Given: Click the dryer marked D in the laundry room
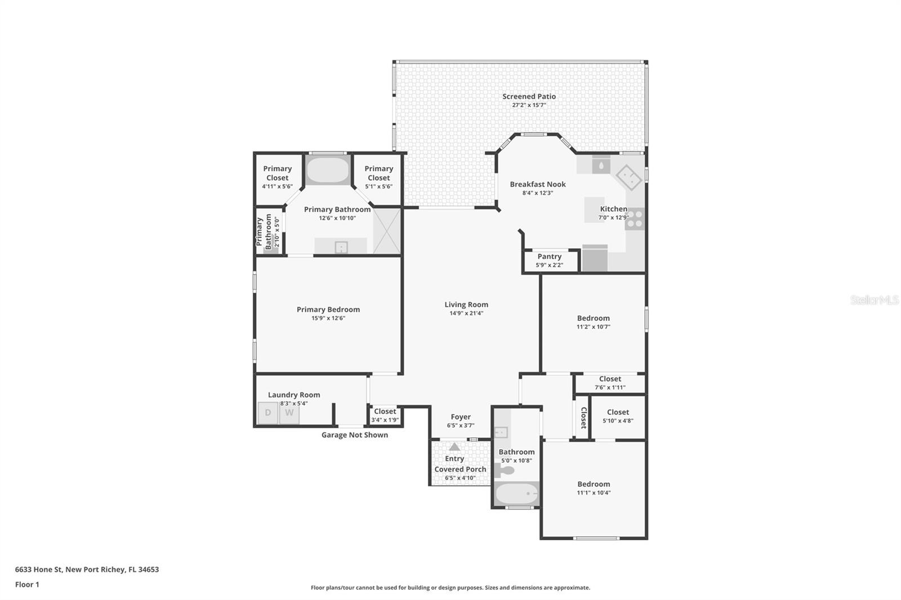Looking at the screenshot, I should (x=268, y=413).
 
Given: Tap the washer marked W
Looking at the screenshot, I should (x=289, y=413).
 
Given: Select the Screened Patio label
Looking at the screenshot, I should (x=529, y=96).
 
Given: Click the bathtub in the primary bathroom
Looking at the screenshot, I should (x=328, y=170).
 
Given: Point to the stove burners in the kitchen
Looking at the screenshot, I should (x=635, y=219).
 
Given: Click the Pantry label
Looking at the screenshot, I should (x=549, y=256).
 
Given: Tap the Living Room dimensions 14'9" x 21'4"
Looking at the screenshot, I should (x=466, y=314).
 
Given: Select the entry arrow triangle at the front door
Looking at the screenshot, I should (x=454, y=446).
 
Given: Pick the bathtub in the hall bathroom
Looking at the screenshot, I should (x=516, y=494).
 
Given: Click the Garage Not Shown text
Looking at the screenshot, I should (x=354, y=435).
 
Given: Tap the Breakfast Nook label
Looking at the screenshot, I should (x=538, y=184).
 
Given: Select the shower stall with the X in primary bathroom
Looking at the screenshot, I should (x=386, y=231).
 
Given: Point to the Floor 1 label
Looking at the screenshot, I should (x=27, y=584).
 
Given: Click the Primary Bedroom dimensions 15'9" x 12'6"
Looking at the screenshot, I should (x=328, y=318).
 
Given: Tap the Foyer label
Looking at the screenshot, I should (x=461, y=417).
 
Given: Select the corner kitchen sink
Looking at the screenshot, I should (x=628, y=178).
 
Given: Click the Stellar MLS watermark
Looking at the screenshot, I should (x=875, y=300).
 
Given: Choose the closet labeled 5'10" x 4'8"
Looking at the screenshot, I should (x=618, y=416).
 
